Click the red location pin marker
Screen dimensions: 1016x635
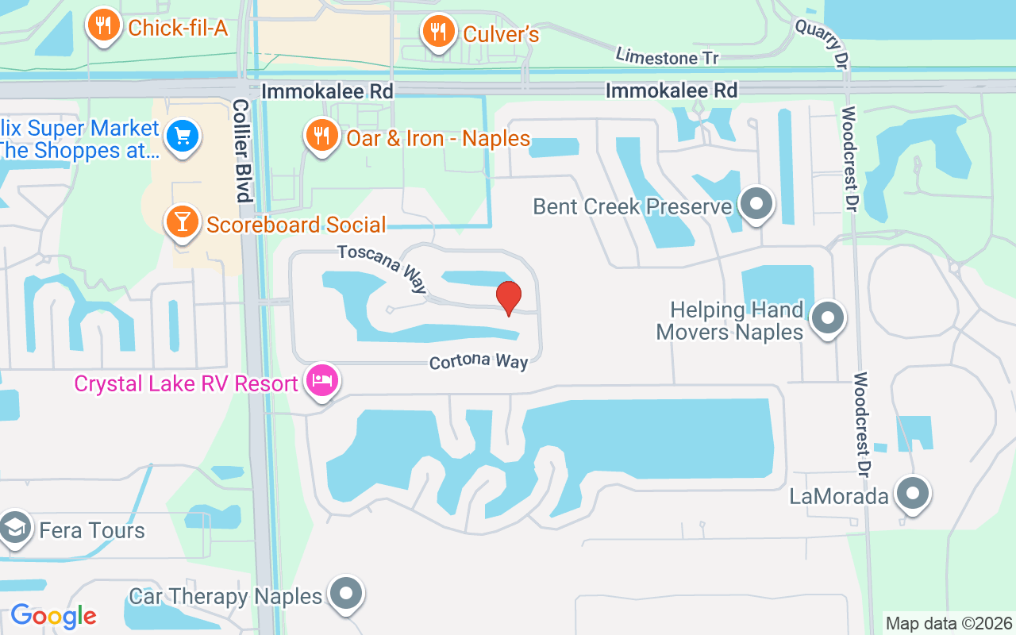(509, 298)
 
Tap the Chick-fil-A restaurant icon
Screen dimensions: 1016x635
(103, 26)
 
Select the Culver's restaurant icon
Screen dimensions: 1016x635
(437, 32)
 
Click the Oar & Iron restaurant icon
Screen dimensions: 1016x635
(321, 136)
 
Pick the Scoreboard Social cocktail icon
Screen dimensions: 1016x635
(183, 222)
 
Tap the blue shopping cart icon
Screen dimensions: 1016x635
(183, 137)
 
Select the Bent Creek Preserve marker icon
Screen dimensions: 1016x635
(756, 203)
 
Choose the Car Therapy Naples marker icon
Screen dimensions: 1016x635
(346, 594)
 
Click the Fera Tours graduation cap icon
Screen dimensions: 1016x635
(14, 527)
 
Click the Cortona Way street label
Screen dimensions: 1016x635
(479, 362)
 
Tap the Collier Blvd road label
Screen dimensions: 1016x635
(242, 150)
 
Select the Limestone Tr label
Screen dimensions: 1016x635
(667, 56)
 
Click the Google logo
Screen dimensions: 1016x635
(53, 616)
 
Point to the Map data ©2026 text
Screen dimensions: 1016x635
(949, 624)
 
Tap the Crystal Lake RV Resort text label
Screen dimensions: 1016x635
(186, 384)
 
